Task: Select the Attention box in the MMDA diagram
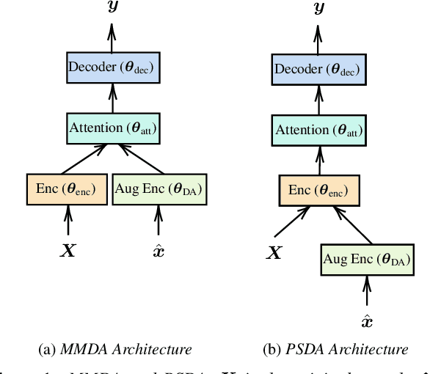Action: tap(112, 128)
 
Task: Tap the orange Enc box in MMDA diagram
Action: tap(67, 188)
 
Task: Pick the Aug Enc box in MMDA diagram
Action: tap(158, 188)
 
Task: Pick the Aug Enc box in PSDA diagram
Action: tap(366, 259)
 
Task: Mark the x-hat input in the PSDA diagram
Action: tap(367, 321)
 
